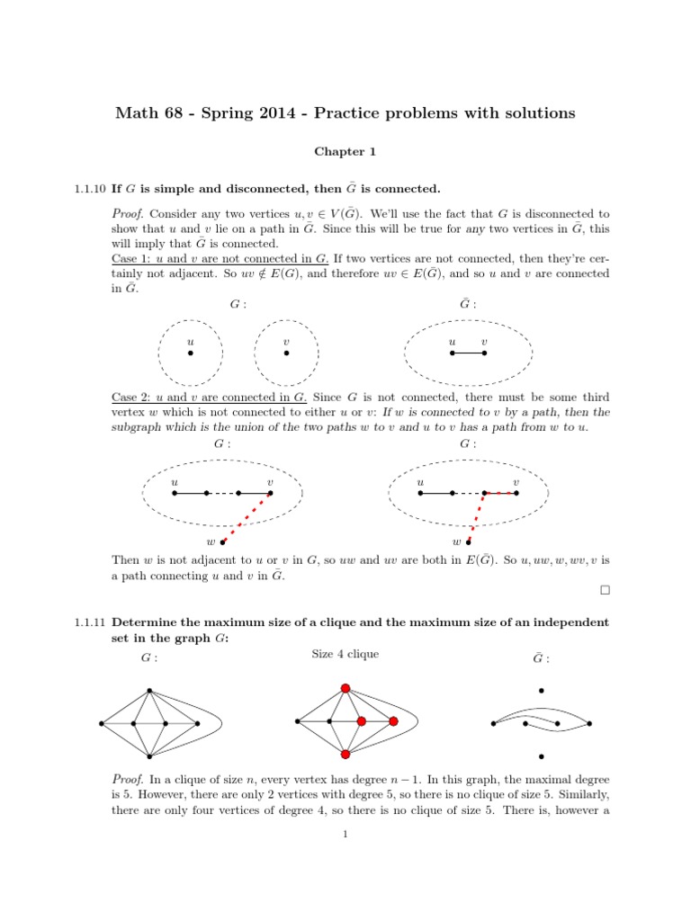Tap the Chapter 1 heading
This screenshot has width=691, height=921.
(x=345, y=152)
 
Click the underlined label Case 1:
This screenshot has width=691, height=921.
(x=130, y=259)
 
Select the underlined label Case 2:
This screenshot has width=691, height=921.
(x=130, y=397)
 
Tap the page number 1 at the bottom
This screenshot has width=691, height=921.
(x=345, y=834)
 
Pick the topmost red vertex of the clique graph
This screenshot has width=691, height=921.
(x=345, y=689)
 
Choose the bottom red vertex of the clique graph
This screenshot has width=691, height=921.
(x=345, y=754)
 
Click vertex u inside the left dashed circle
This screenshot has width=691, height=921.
(x=190, y=353)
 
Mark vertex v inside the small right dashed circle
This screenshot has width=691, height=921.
(x=286, y=353)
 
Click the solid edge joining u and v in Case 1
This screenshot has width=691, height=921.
(x=468, y=353)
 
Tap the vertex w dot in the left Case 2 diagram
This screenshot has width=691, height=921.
(x=223, y=542)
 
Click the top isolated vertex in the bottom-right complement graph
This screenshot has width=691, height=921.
(x=541, y=691)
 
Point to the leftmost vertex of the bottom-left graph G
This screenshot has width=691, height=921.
(x=102, y=723)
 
